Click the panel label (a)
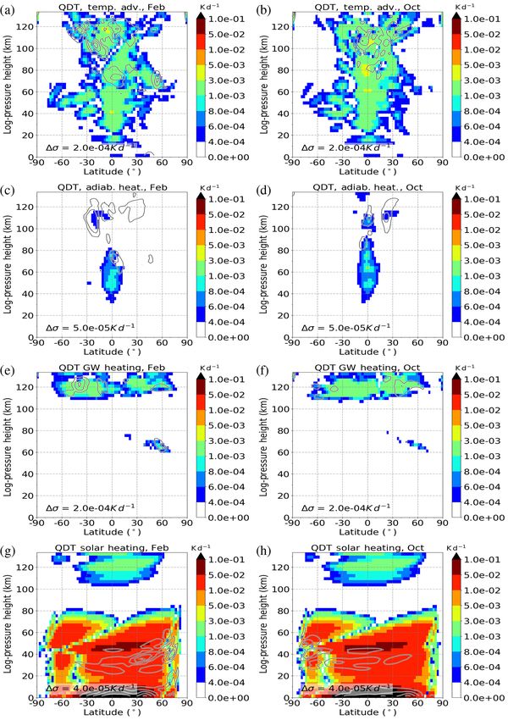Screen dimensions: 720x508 (x=9, y=10)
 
